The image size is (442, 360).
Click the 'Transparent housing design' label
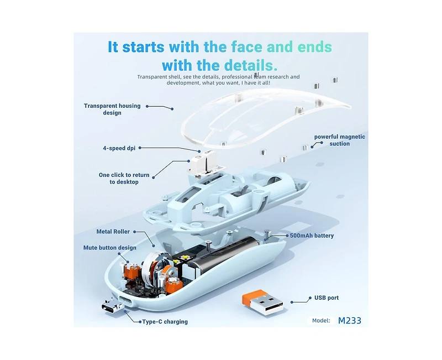112,109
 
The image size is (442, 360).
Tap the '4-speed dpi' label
119,148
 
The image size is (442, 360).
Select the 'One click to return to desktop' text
124,178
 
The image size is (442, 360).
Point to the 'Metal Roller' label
113,232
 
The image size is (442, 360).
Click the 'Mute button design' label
109,248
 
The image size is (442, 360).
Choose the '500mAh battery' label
312,236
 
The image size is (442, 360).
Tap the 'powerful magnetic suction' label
340,140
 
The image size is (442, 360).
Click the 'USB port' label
327,298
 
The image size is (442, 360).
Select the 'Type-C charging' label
165,322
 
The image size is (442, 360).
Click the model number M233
350,321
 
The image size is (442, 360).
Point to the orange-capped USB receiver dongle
262,302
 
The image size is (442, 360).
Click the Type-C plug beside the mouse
113,306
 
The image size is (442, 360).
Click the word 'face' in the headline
247,47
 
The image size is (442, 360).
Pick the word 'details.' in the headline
251,65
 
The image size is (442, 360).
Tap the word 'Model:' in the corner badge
321,321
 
